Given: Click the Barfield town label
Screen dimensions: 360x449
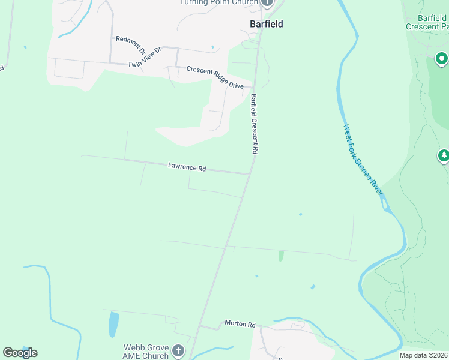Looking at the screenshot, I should click(x=266, y=24).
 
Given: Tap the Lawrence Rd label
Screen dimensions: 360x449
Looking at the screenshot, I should click(x=187, y=167).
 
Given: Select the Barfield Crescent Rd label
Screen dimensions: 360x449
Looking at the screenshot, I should click(x=254, y=125).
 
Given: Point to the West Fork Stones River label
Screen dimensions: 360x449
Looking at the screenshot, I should click(x=363, y=159).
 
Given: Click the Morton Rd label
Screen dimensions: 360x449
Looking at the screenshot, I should click(x=240, y=324).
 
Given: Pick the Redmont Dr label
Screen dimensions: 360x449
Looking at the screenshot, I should click(x=130, y=42).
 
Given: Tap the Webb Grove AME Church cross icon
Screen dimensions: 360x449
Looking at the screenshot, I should click(x=178, y=350).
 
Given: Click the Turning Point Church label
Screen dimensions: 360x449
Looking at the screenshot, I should click(x=219, y=2).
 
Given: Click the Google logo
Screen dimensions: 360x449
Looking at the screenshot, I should click(x=20, y=352).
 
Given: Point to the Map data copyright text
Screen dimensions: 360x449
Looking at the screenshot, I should click(x=424, y=355).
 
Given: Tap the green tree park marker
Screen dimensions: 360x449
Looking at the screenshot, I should click(x=444, y=157).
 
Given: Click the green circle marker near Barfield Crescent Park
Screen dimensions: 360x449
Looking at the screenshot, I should click(x=441, y=59).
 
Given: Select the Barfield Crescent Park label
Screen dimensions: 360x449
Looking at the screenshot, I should click(x=427, y=22).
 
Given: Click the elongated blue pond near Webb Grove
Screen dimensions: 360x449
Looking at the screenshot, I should click(x=113, y=325).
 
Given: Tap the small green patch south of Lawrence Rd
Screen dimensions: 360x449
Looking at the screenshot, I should click(x=280, y=256).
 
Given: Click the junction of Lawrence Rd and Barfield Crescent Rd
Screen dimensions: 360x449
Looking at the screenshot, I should click(x=249, y=174).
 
